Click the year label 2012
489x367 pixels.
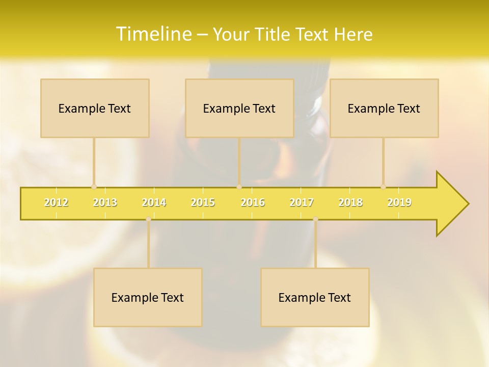coord(56,202)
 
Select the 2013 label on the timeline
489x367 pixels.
coord(105,202)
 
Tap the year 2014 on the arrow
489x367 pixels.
coord(154,202)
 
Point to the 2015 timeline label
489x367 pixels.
coord(203,202)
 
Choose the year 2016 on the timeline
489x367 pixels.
coord(253,202)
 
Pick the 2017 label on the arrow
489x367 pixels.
coord(302,202)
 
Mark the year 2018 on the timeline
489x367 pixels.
coord(350,202)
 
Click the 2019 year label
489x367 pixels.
coord(399,202)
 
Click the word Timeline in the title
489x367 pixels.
coord(153,34)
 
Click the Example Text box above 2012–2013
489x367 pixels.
coord(95,108)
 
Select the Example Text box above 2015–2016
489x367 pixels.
coord(239,108)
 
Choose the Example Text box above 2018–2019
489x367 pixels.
coord(384,108)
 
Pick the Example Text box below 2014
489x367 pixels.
coord(148,297)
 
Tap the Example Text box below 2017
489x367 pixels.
coord(315,297)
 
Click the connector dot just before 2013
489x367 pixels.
coord(94,187)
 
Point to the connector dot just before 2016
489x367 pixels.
coord(239,187)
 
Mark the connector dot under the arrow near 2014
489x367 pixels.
coord(148,219)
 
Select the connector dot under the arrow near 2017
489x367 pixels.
coord(315,219)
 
